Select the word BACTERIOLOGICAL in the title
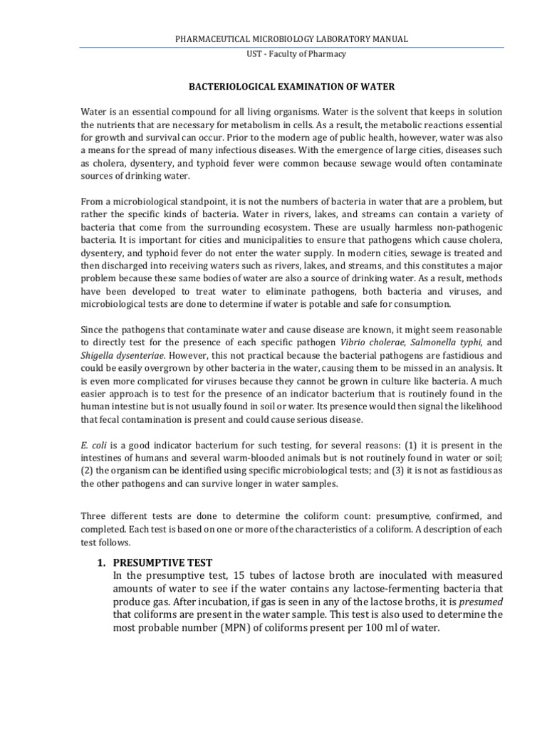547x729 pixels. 222,86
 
